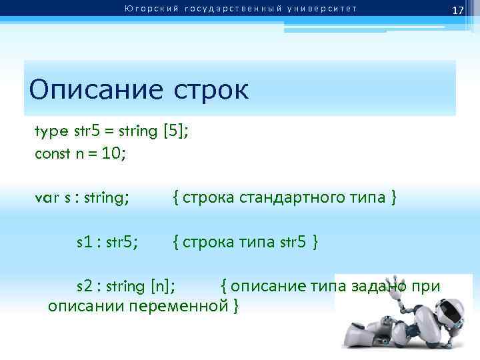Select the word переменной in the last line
(179, 306)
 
